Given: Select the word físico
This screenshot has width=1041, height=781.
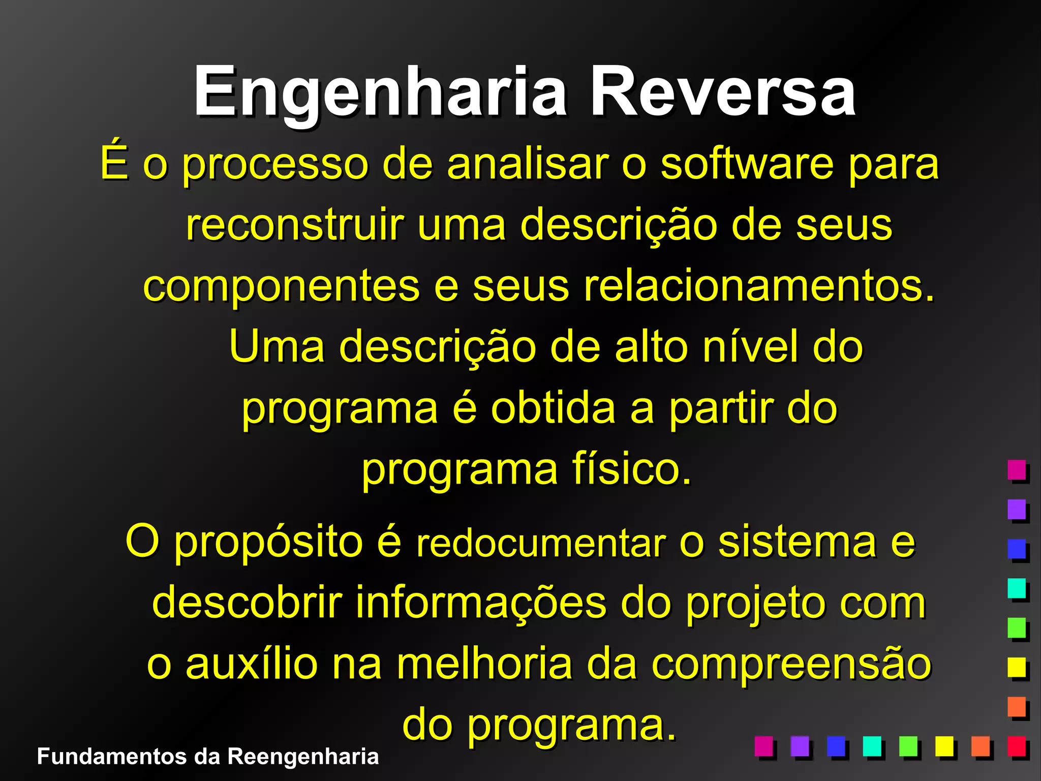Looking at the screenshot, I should [x=631, y=469].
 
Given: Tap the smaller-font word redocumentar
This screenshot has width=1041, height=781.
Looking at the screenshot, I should [x=541, y=544].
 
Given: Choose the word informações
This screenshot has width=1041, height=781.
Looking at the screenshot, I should [x=481, y=603].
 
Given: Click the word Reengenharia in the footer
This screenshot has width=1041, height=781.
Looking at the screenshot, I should [x=303, y=757].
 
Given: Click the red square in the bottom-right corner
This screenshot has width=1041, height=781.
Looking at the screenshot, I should [x=1017, y=746].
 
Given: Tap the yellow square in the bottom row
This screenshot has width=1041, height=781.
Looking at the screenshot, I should [x=944, y=746].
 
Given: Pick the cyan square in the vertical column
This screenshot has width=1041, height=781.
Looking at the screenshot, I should [x=1017, y=588].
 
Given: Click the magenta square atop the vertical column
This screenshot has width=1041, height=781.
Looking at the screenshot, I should [x=1017, y=469].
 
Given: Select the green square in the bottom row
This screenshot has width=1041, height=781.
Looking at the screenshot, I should [x=908, y=746].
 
